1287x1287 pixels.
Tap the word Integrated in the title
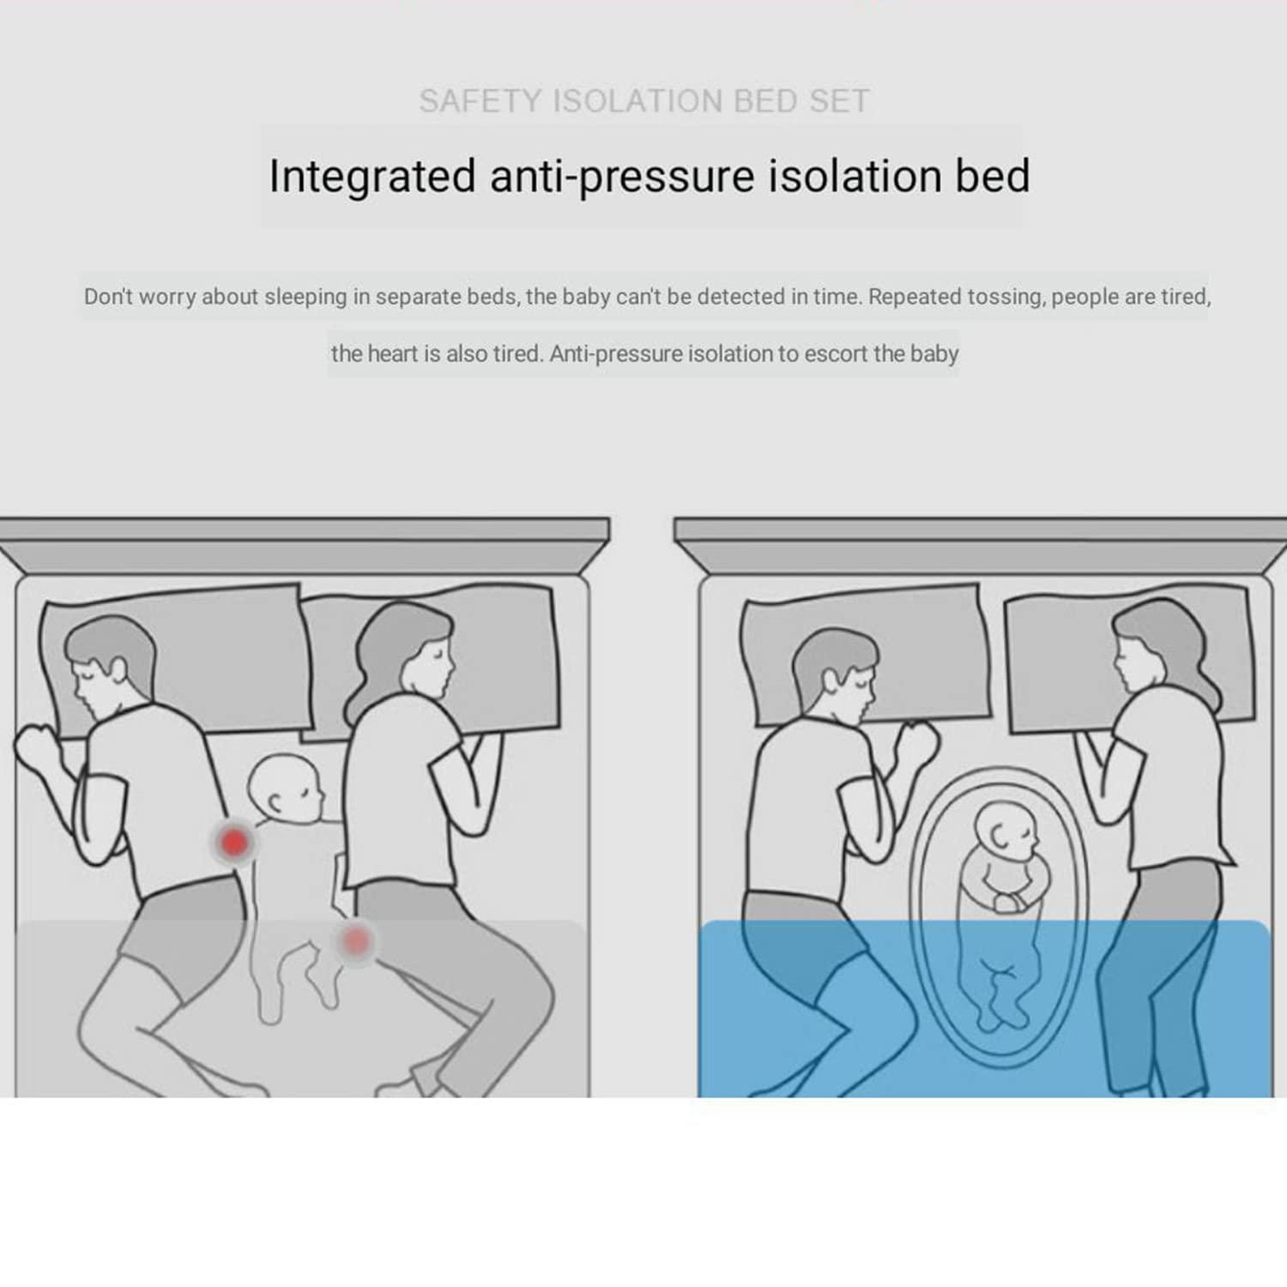pyautogui.click(x=372, y=178)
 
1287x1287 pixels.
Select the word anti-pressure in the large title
pyautogui.click(x=622, y=178)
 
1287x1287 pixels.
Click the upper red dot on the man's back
pyautogui.click(x=233, y=842)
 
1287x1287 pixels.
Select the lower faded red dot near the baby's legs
pyautogui.click(x=355, y=941)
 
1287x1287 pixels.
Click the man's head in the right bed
pyautogui.click(x=832, y=674)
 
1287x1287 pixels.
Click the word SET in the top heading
pyautogui.click(x=839, y=101)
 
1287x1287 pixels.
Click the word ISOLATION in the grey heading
pyautogui.click(x=638, y=101)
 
